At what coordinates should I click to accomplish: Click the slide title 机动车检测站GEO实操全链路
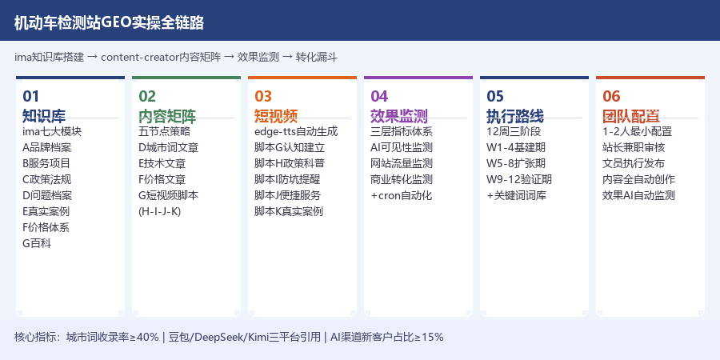pyautogui.click(x=109, y=22)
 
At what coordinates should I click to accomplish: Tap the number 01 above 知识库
pyautogui.click(x=30, y=96)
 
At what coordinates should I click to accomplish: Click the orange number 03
pyautogui.click(x=263, y=96)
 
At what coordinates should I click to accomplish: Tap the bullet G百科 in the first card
pyautogui.click(x=37, y=243)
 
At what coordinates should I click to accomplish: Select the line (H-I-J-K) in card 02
pyautogui.click(x=160, y=212)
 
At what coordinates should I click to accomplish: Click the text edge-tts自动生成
pyautogui.click(x=296, y=132)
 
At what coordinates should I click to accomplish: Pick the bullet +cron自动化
pyautogui.click(x=402, y=196)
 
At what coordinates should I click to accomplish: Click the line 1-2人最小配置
pyautogui.click(x=638, y=132)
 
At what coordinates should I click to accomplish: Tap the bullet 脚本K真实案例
pyautogui.click(x=289, y=212)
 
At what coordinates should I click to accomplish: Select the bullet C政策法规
pyautogui.click(x=47, y=179)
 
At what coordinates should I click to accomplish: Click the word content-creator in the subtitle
pyautogui.click(x=139, y=58)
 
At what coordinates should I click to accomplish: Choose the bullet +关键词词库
pyautogui.click(x=517, y=196)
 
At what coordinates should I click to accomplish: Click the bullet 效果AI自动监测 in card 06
pyautogui.click(x=638, y=196)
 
